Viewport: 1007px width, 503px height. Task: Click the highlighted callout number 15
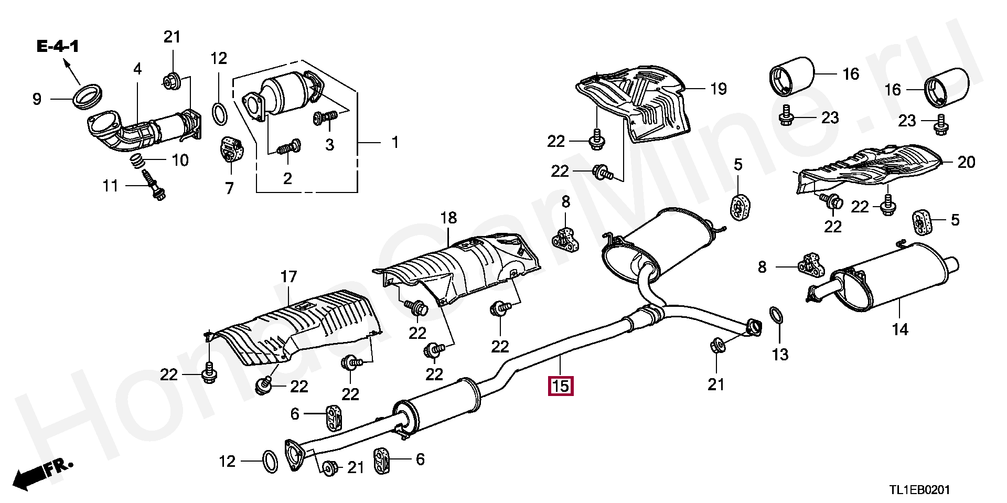pos(560,386)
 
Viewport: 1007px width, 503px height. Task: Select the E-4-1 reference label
pos(58,47)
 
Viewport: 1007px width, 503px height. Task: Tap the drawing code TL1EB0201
pos(918,490)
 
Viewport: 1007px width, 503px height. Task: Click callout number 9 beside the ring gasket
pos(37,99)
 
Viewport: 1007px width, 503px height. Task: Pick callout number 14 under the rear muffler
pos(900,329)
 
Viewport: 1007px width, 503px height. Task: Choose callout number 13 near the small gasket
pos(780,355)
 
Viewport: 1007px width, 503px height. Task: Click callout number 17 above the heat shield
pos(288,276)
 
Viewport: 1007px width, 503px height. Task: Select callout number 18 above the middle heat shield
pos(449,218)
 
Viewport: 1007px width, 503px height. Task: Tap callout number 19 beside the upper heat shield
pos(719,89)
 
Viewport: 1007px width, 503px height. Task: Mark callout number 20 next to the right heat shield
pos(966,162)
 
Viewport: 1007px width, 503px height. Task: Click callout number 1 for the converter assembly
pos(395,142)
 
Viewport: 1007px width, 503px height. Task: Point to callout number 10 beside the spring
pos(180,160)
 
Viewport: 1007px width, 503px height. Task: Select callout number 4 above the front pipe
pos(137,69)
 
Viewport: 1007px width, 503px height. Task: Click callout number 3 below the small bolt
pos(329,144)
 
